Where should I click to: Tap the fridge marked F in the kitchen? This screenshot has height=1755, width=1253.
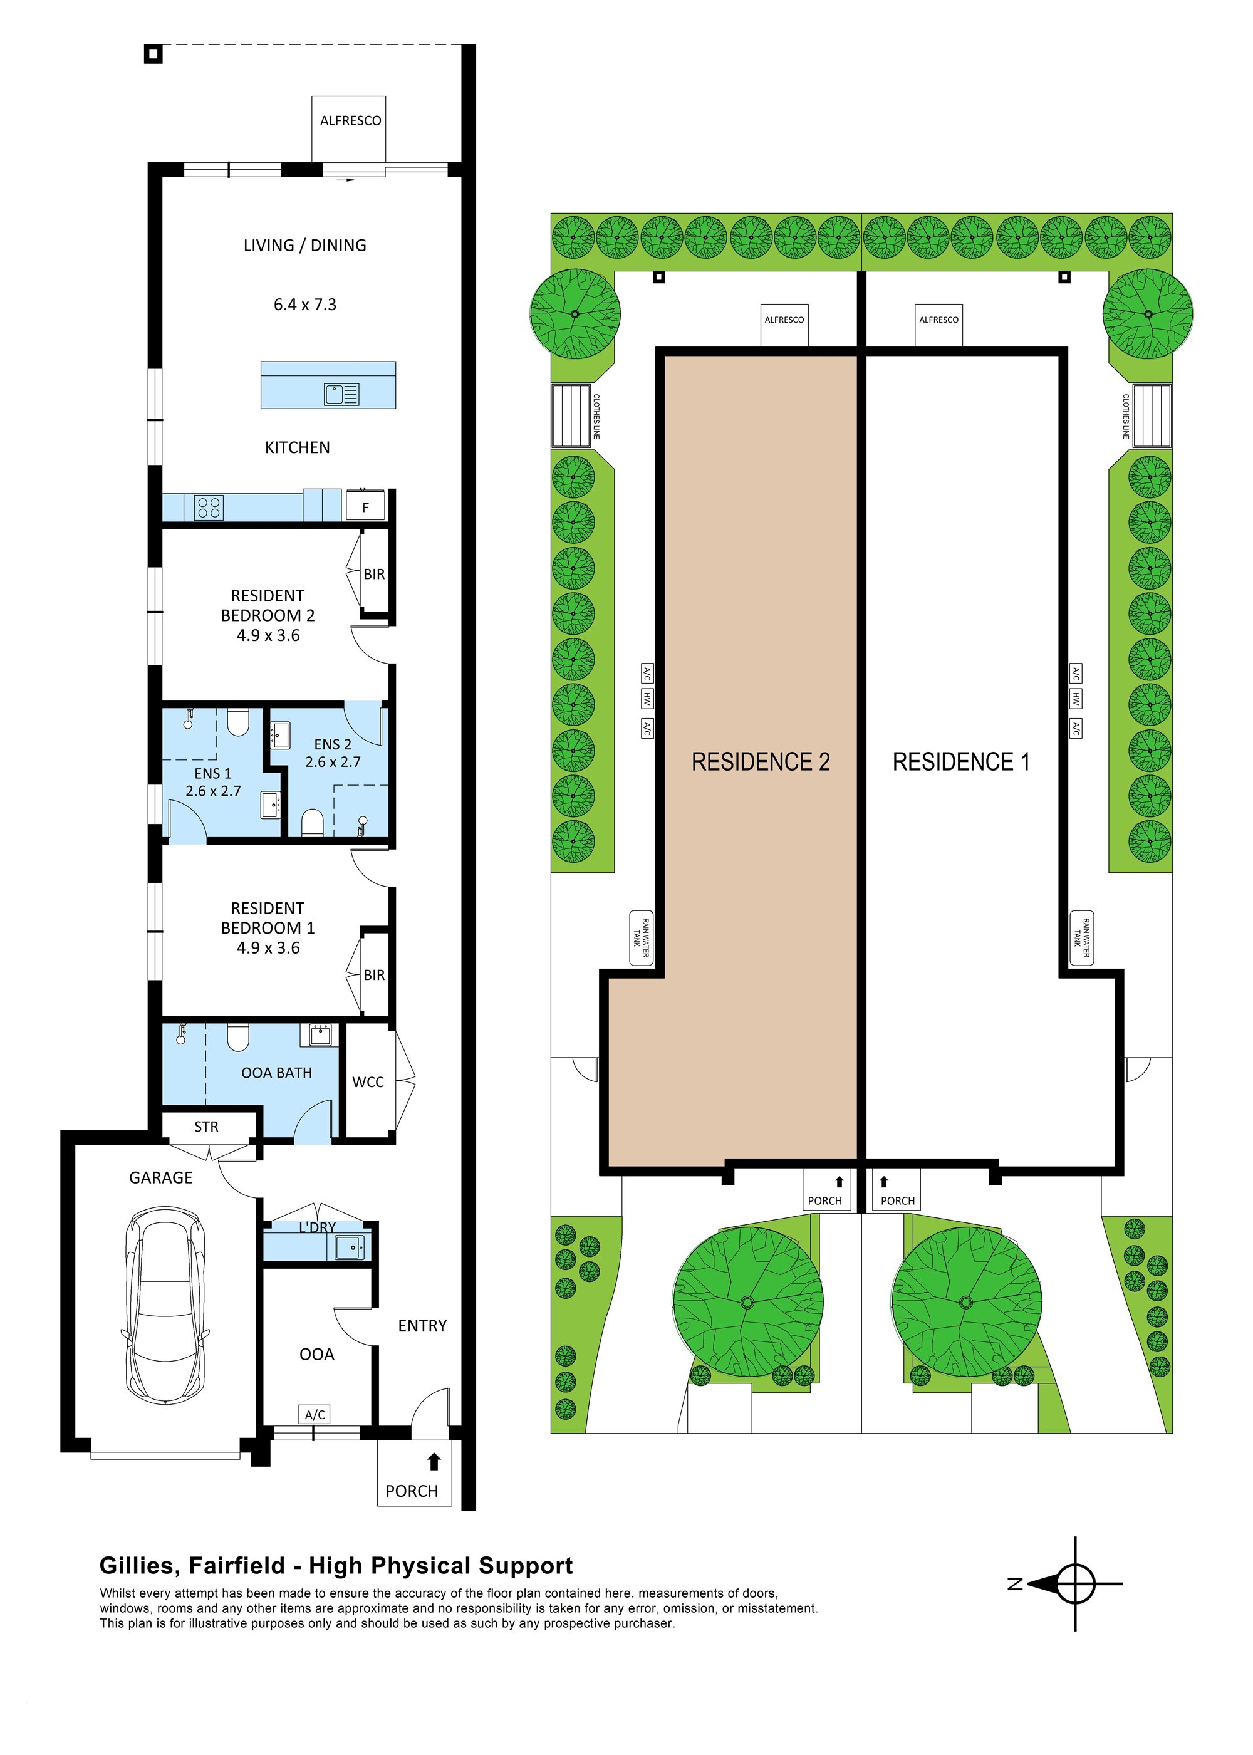[366, 507]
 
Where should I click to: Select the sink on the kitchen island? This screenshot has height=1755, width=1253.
[341, 395]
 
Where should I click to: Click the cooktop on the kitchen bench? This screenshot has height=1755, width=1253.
[209, 508]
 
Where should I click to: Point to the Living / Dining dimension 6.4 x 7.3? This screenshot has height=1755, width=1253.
[304, 305]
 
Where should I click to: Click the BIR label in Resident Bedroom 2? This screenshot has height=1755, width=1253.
[374, 574]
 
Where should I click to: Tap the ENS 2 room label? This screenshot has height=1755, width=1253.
[333, 744]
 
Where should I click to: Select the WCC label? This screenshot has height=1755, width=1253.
[368, 1082]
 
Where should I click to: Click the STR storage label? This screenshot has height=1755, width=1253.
[206, 1127]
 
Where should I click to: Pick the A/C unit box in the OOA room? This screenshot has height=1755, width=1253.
[315, 1414]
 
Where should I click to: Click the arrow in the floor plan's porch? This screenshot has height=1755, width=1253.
[434, 1461]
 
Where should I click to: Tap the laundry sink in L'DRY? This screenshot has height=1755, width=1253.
[350, 1247]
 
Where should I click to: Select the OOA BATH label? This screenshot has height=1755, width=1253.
[276, 1072]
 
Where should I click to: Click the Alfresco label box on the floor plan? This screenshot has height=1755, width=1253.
[350, 121]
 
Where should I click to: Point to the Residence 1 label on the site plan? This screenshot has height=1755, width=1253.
[960, 762]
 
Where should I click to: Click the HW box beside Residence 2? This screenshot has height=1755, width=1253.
[647, 699]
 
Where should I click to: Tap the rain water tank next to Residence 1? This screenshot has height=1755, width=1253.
[1082, 937]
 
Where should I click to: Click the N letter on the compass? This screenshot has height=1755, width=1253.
[1016, 1584]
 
